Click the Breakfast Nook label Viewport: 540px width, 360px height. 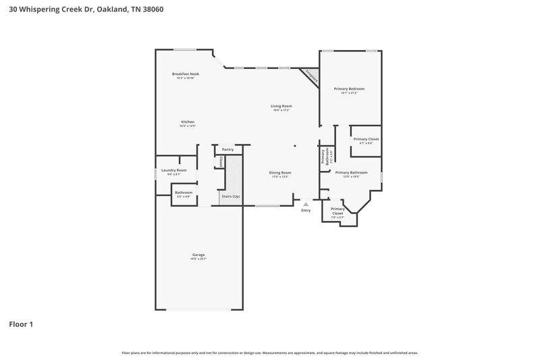pos(185,74)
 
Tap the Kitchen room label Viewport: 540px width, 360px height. pos(187,122)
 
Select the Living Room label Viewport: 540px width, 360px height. pos(281,106)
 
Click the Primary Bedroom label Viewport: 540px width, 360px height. pos(350,88)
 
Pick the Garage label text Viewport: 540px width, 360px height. pos(198,255)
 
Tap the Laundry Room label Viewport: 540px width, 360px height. pos(173,170)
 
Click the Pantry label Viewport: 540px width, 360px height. pos(227,149)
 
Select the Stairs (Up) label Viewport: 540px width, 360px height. pos(230,197)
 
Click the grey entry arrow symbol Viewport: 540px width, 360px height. pos(306,203)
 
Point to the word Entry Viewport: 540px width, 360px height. pos(306,210)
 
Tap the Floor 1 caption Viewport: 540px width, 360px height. pos(20,324)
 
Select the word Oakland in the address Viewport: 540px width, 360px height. pos(112,9)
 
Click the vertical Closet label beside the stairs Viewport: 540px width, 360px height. pos(221,162)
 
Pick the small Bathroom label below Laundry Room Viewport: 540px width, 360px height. pos(184,192)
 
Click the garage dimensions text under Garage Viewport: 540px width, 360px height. pos(198,259)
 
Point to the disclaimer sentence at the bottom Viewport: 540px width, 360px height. pos(270,353)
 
